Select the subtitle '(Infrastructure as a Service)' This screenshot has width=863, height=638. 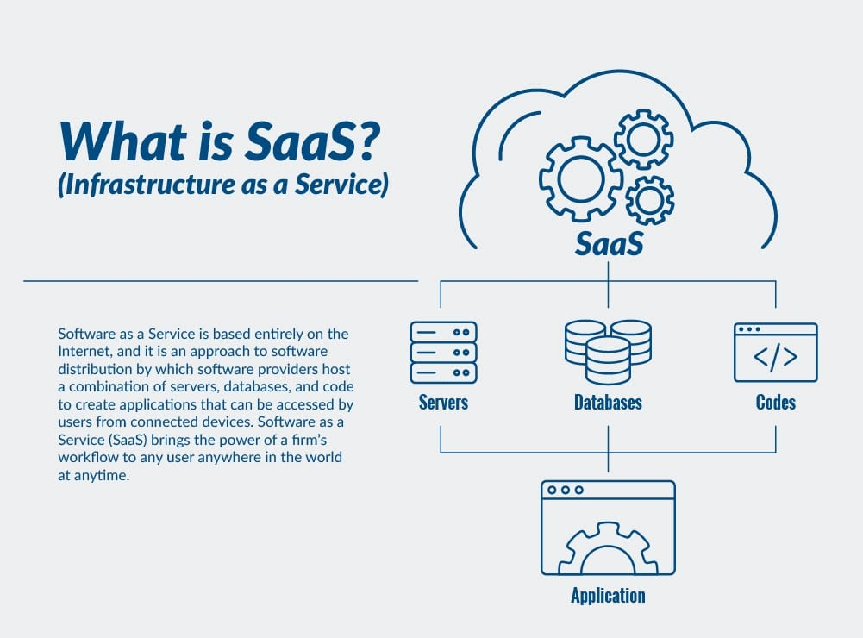[222, 185]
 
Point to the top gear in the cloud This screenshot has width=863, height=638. [642, 137]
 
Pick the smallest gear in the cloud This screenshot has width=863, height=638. [649, 199]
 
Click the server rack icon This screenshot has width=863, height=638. [443, 352]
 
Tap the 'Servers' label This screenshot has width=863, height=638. [443, 403]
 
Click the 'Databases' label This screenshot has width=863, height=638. [608, 403]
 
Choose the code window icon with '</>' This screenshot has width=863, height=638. [775, 353]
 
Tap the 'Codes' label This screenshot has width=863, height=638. [775, 403]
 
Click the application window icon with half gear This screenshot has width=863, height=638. [608, 528]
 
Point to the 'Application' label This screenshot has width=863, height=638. [608, 596]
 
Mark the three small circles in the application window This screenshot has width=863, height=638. [566, 490]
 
